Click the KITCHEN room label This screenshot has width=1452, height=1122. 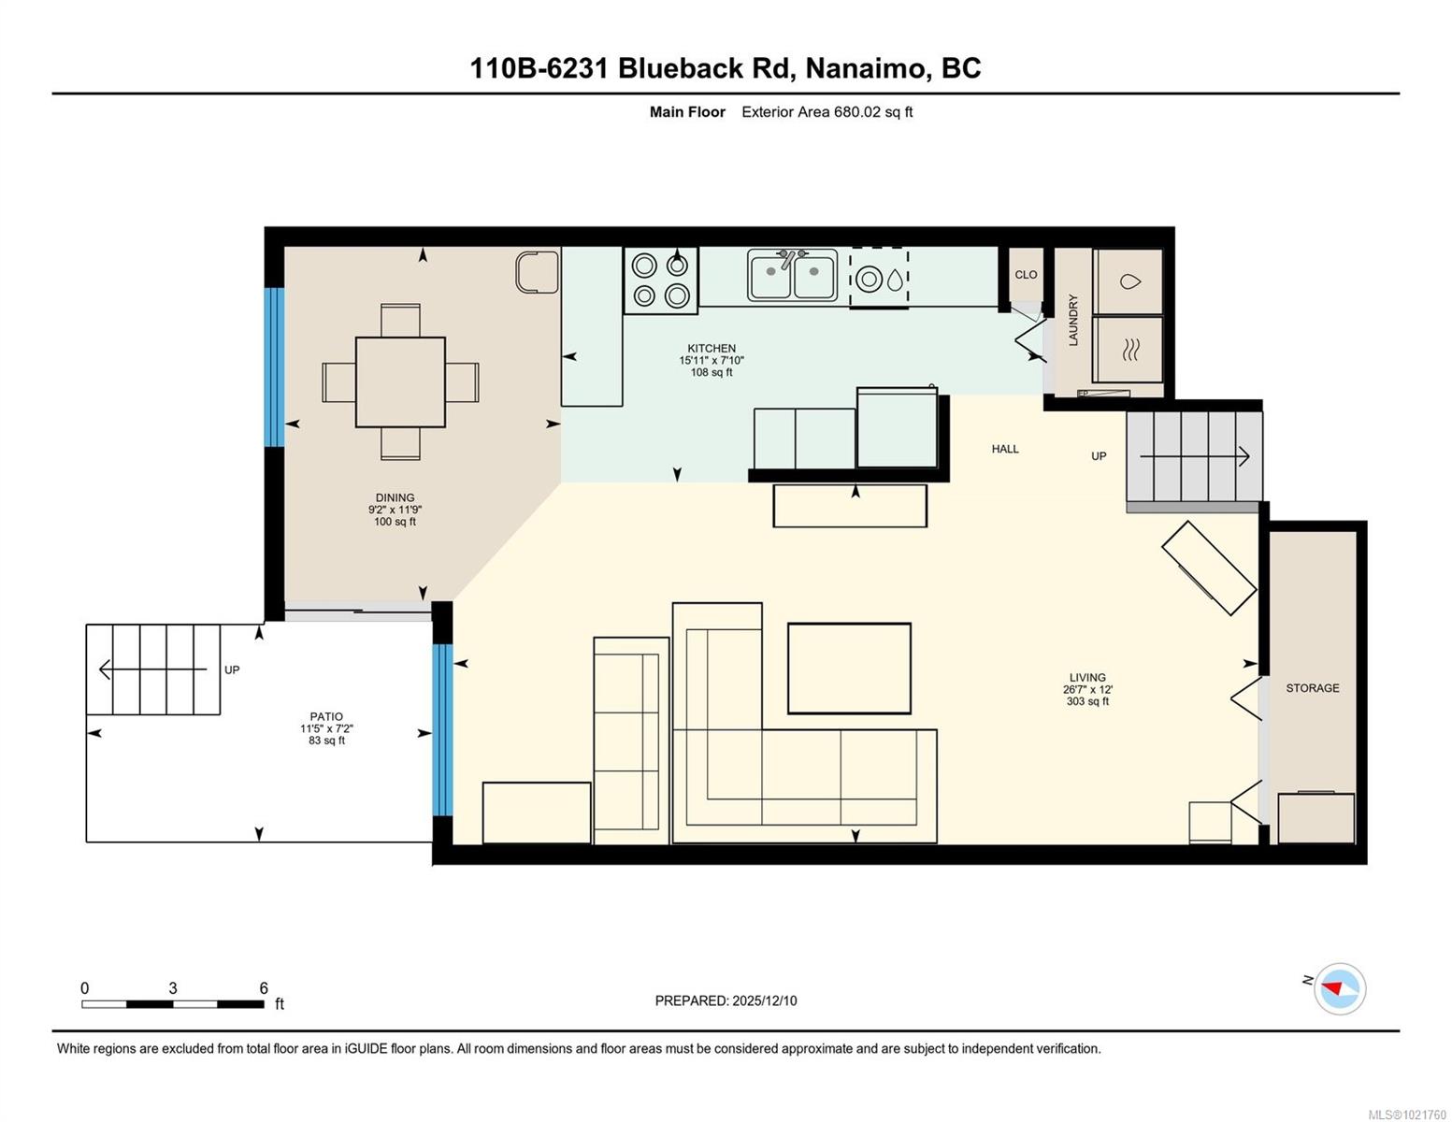[x=712, y=348]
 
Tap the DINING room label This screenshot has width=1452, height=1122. [x=395, y=497]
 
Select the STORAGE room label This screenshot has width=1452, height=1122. [x=1312, y=687]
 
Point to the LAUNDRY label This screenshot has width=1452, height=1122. [x=1073, y=320]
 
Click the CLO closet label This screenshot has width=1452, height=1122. [x=1026, y=275]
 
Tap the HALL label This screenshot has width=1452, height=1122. [x=1005, y=449]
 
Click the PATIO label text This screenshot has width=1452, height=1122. [x=326, y=716]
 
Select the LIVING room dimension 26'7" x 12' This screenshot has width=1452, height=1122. [x=1087, y=689]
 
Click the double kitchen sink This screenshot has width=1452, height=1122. [x=792, y=275]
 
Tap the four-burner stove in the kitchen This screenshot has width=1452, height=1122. [x=660, y=280]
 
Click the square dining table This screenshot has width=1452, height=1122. [x=400, y=381]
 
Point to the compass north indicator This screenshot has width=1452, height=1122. [x=1339, y=988]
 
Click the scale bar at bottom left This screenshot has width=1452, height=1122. [x=173, y=1004]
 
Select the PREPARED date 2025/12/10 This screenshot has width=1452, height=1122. [x=726, y=1000]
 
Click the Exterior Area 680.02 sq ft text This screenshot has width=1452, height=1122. [x=827, y=112]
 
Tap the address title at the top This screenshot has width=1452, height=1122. [x=725, y=68]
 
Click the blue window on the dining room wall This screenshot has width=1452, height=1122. [x=274, y=367]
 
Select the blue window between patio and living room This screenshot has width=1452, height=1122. [x=442, y=729]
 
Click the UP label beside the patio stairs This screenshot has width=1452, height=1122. [x=232, y=669]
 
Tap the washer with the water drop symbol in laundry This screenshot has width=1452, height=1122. [x=1129, y=281]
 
